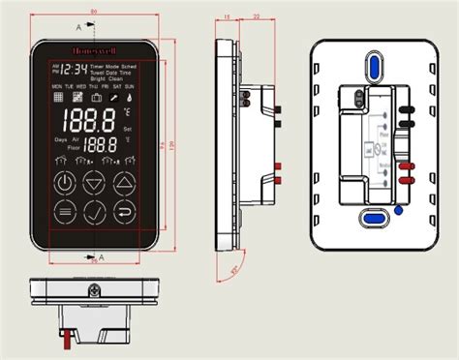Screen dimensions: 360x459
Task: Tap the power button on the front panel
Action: (x=64, y=182)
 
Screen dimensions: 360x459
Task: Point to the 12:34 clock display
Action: (x=72, y=71)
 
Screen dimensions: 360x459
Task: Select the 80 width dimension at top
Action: (x=93, y=12)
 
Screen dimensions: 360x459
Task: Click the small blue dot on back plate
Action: (x=400, y=207)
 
